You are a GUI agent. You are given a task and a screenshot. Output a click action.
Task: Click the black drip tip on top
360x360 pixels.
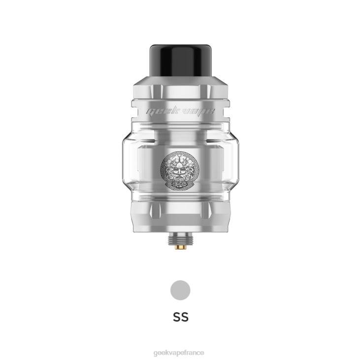(x=180, y=58)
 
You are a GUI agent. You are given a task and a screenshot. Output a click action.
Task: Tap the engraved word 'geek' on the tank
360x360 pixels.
(x=160, y=112)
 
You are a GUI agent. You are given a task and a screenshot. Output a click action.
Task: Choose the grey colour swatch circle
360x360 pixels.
(x=180, y=290)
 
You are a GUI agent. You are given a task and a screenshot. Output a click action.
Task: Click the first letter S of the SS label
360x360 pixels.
(x=176, y=316)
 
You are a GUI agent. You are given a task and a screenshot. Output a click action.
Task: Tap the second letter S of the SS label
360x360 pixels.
(x=185, y=316)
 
